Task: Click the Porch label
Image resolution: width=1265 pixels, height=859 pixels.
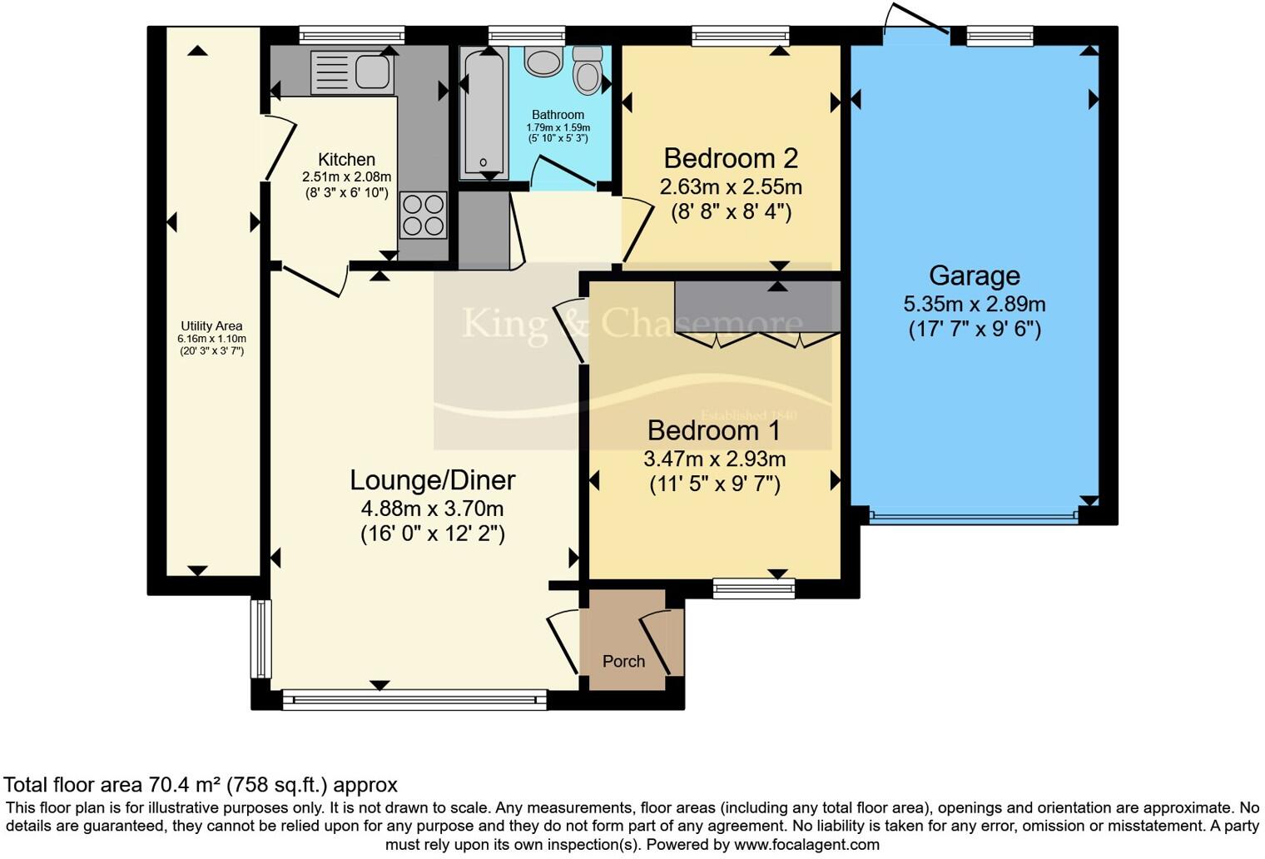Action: (623, 661)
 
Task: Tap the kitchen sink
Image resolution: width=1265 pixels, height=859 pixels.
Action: (350, 72)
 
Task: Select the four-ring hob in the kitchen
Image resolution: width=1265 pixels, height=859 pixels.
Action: (423, 215)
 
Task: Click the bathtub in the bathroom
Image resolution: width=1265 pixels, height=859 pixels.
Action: (483, 112)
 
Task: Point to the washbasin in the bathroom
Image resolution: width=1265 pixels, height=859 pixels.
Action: (544, 62)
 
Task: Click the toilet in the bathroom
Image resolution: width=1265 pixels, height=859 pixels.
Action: (588, 69)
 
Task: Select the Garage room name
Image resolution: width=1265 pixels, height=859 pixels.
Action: (974, 276)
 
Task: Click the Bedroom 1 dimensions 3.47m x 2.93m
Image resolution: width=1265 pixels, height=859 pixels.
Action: (714, 459)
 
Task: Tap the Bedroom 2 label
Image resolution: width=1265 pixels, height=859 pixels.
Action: (731, 158)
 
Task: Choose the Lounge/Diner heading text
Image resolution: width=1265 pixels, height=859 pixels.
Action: (432, 480)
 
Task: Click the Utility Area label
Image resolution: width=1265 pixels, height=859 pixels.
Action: (211, 326)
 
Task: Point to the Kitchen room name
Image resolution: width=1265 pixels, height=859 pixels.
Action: (346, 160)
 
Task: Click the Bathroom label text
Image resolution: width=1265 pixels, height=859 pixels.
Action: (558, 115)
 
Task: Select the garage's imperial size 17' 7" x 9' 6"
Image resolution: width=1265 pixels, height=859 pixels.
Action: (974, 329)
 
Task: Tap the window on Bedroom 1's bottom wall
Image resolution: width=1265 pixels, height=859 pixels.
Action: (753, 589)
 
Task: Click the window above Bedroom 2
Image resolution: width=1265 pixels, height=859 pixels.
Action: (740, 35)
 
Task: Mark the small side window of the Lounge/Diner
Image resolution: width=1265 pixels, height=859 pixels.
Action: (261, 638)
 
